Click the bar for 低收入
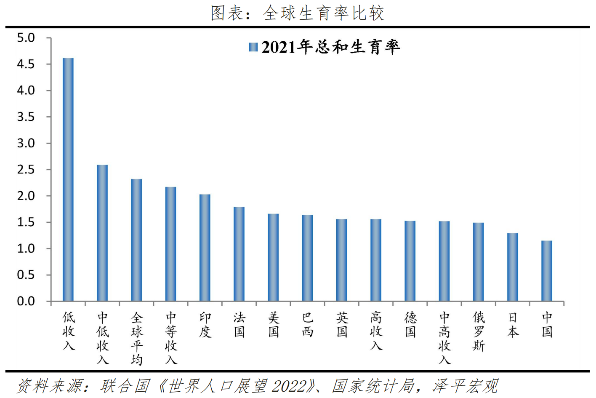[x=68, y=179]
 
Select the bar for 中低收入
[x=102, y=233]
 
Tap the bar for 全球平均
[x=136, y=240]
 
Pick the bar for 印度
[x=205, y=248]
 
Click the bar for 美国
[x=273, y=257]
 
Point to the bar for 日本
[x=513, y=267]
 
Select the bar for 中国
[x=547, y=271]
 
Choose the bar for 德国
[x=410, y=261]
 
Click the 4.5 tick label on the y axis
[x=26, y=64]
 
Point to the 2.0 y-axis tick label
[x=26, y=196]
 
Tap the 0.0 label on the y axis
[x=26, y=301]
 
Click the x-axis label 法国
[x=239, y=325]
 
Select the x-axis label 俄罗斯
[x=479, y=331]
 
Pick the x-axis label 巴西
[x=308, y=325]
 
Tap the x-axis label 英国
[x=342, y=325]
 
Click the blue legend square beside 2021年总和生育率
[x=253, y=47]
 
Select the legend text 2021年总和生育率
[x=330, y=47]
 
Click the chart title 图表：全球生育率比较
[x=297, y=13]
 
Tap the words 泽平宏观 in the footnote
[x=466, y=386]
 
